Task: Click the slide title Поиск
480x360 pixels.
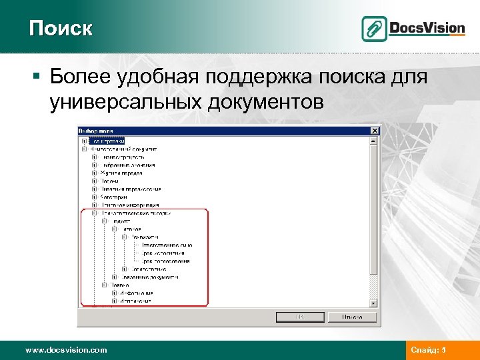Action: pyautogui.click(x=61, y=29)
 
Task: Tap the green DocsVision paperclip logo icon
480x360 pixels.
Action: pyautogui.click(x=374, y=29)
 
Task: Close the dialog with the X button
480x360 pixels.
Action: pyautogui.click(x=375, y=130)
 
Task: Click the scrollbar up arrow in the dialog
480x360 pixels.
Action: pyautogui.click(x=374, y=141)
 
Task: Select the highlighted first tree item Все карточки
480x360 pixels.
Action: pyautogui.click(x=107, y=141)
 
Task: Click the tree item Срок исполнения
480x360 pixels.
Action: pyautogui.click(x=165, y=253)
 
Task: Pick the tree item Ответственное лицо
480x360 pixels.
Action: pyautogui.click(x=167, y=245)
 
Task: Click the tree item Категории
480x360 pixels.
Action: pyautogui.click(x=115, y=197)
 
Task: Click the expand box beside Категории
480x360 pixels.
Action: pyautogui.click(x=94, y=197)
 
